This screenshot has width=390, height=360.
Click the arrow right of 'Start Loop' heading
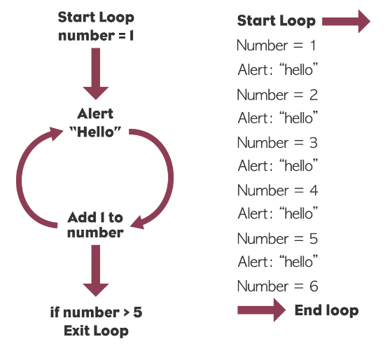346,22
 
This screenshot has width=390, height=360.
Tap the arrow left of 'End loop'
262,310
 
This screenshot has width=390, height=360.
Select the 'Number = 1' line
276,46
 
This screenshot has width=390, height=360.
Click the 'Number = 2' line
277,95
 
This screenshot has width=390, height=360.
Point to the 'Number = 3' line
277,143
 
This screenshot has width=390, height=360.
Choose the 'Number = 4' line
277,191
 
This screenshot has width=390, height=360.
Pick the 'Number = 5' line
277,238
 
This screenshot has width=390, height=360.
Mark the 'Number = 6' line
277,286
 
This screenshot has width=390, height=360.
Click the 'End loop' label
326,310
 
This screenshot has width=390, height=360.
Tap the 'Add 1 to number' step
95,225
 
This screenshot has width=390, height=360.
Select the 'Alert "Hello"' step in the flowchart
95,123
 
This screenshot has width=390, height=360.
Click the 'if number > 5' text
96,312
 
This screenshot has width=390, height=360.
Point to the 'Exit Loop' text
96,331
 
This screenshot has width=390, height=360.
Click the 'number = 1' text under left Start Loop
96,36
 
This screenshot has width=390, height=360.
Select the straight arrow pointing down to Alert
96,74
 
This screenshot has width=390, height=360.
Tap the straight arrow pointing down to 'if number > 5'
96,270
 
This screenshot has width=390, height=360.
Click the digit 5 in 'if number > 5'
137,312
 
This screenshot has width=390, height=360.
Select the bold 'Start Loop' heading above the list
277,20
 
